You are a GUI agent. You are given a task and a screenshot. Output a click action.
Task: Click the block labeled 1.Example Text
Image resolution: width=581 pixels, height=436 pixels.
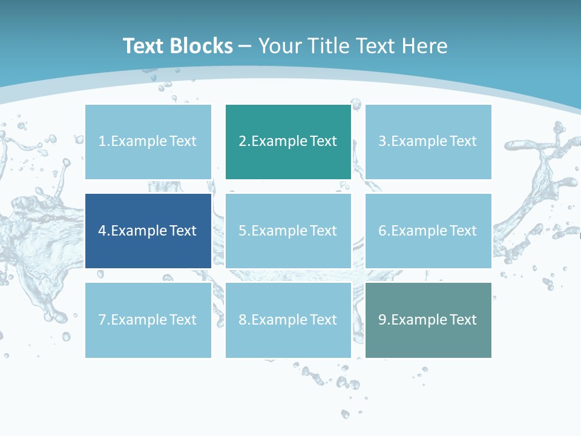coord(148,142)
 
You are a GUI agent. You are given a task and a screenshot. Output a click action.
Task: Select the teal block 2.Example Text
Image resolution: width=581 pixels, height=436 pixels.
coord(288,142)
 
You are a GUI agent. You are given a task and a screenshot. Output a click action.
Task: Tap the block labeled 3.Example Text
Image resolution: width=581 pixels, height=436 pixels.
coord(428,142)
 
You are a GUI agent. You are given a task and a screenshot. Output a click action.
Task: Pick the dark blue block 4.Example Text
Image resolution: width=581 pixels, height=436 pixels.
coord(148,231)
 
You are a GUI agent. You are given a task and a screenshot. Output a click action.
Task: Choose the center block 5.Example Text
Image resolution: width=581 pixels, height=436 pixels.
coord(288,231)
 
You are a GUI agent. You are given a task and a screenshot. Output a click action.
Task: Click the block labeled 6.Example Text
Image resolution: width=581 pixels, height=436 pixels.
coord(428,231)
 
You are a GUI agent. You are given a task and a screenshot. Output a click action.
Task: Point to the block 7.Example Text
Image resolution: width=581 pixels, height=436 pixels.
coord(148,320)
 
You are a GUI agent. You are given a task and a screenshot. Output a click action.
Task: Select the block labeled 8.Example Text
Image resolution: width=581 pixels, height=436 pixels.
coord(288,320)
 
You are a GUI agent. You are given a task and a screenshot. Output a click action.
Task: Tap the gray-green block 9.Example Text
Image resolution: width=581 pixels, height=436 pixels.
coord(428,320)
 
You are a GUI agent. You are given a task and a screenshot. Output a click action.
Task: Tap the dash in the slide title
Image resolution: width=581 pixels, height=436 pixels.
coord(245,46)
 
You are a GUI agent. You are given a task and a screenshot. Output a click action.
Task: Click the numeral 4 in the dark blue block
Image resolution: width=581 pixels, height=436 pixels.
coord(102,231)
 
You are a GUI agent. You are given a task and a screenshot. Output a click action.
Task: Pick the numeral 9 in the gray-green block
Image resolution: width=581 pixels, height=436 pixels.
coord(382,320)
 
